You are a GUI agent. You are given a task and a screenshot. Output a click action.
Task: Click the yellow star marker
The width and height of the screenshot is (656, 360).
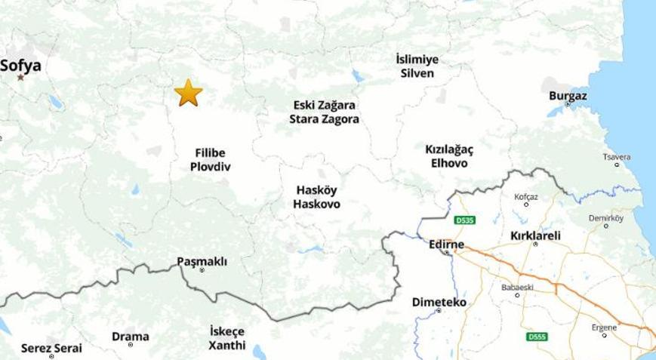[x=188, y=93]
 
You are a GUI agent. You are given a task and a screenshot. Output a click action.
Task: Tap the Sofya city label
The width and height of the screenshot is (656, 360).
[x=20, y=66]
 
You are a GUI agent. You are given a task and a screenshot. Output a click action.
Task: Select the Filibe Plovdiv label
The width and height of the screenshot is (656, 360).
[x=210, y=160]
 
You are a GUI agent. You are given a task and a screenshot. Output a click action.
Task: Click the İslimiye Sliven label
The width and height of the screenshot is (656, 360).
[x=417, y=66]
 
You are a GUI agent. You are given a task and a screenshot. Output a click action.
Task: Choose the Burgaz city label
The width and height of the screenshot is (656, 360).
[x=568, y=96]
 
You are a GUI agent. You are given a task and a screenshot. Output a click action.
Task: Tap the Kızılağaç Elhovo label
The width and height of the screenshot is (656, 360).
[x=449, y=156]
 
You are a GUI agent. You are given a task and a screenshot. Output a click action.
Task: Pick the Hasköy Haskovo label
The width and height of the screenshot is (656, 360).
[x=317, y=197]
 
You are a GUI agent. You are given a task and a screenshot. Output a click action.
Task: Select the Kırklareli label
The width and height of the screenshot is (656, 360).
[x=535, y=235]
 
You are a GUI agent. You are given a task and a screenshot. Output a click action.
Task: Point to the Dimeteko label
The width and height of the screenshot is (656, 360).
[x=439, y=302]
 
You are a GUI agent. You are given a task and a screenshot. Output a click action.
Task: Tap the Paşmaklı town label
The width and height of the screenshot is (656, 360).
[x=202, y=261]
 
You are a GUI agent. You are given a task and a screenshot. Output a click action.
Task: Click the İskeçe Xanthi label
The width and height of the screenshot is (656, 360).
[x=227, y=338]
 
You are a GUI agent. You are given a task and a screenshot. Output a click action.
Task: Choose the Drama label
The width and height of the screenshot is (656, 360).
[x=131, y=337]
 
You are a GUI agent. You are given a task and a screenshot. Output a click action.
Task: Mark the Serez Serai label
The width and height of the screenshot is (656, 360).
[x=51, y=348]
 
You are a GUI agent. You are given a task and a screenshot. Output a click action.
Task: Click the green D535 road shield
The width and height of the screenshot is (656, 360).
[x=464, y=221]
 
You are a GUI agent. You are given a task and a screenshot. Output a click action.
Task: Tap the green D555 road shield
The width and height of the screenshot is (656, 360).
[x=537, y=337]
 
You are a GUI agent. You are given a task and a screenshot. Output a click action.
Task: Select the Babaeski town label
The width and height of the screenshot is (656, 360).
[x=517, y=288]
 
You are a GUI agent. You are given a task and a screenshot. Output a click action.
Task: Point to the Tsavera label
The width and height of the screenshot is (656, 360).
[x=617, y=157]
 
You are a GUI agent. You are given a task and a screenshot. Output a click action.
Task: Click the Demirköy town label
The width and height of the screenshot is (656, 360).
[x=606, y=218]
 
